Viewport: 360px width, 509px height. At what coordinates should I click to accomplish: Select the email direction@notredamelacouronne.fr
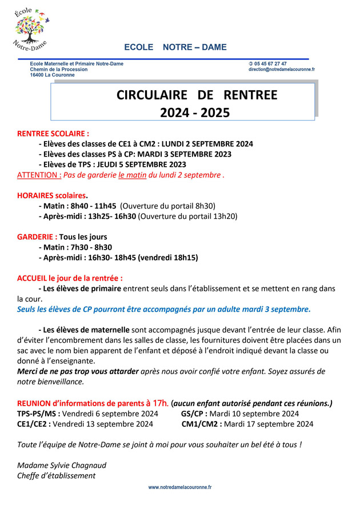tap(281, 70)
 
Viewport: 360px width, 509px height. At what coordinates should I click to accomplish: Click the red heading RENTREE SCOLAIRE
tap(53, 133)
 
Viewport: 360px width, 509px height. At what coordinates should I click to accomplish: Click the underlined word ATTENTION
tap(39, 175)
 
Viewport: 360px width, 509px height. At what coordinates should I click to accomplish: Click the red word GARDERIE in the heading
tap(37, 237)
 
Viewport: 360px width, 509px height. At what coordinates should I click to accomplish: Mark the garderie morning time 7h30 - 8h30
tap(91, 247)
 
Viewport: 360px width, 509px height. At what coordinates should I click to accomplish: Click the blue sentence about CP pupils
tap(164, 309)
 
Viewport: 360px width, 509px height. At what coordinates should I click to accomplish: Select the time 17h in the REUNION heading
tap(159, 403)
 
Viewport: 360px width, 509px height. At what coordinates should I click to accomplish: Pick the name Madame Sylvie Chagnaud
tap(62, 465)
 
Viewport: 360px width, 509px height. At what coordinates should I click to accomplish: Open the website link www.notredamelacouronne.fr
tap(180, 487)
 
